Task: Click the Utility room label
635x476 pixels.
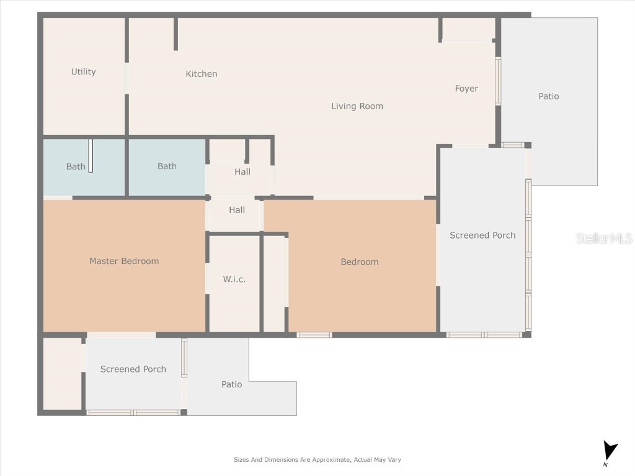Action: pos(83,72)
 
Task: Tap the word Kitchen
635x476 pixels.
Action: pos(202,74)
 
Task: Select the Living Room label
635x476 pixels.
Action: pos(357,106)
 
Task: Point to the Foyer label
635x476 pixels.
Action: pos(466,89)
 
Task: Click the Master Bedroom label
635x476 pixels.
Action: pos(124,261)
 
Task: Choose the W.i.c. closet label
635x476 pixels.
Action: pos(234,280)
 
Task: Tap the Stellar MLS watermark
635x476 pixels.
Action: pos(604,238)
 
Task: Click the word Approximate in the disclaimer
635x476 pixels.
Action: pos(329,460)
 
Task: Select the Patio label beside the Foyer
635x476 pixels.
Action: pos(548,96)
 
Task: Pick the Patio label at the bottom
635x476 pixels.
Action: pos(231,384)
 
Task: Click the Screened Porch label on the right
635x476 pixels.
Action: pos(482,235)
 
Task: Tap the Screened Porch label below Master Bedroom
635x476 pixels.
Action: pos(133,369)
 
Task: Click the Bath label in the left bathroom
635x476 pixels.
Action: pos(76,166)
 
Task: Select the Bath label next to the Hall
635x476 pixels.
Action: pos(167,166)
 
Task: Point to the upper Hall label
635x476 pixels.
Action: pos(242,172)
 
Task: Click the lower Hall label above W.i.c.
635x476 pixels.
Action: pos(237,210)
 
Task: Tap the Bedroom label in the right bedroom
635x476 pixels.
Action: pos(360,262)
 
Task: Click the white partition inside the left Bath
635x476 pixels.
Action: pos(91,156)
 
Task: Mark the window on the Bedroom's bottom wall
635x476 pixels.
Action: pos(314,335)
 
